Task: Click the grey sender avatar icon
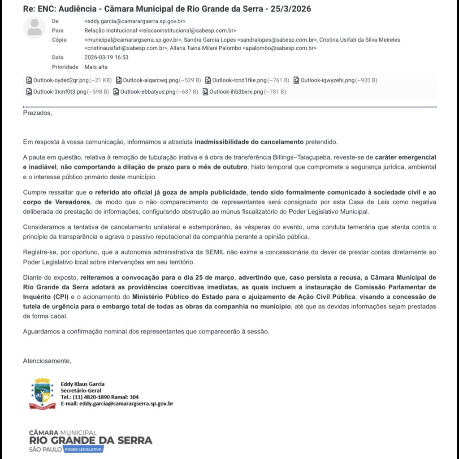coord(35,27)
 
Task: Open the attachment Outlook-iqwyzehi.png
coord(335,81)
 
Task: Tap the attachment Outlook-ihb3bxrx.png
coord(244,92)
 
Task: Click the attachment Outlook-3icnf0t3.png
coord(67,92)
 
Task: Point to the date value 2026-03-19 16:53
coord(106,57)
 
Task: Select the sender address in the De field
coord(134,21)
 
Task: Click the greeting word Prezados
coord(37,113)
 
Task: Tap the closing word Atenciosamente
coord(47,361)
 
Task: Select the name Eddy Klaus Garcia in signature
coord(82,384)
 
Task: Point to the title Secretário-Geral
coord(81,390)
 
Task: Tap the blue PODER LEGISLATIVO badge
coord(83,449)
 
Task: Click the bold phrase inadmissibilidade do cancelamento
coord(249,142)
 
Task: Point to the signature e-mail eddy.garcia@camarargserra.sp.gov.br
coord(126,403)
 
